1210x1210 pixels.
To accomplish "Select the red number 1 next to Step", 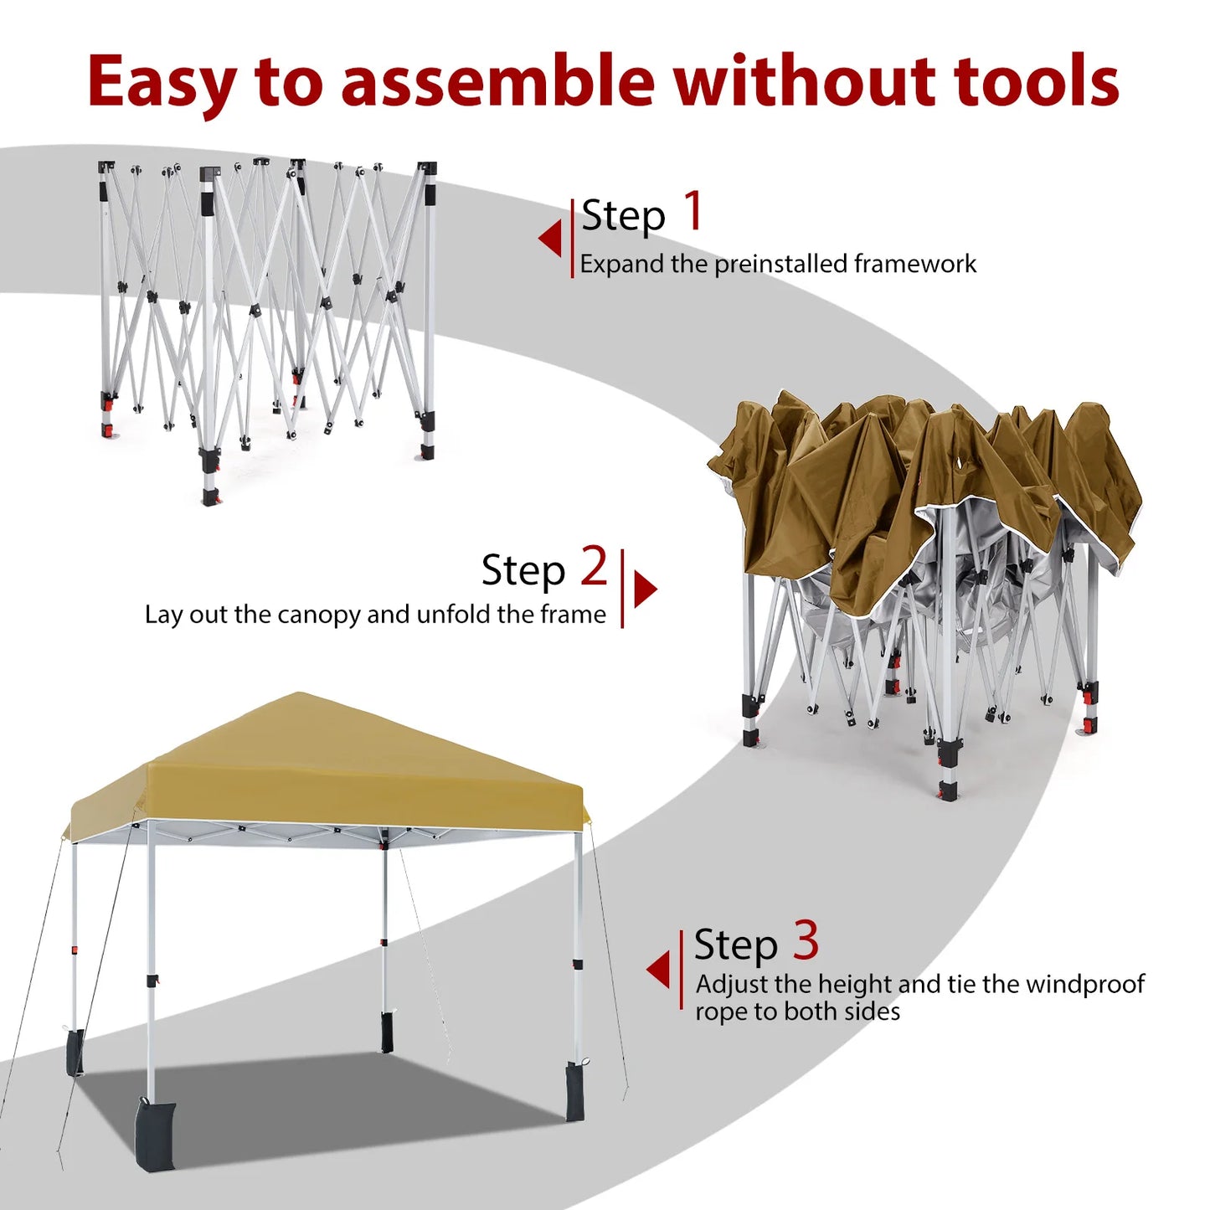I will pos(693,211).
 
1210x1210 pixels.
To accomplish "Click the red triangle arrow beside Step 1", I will pos(550,239).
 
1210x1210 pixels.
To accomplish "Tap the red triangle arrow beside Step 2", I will pos(645,589).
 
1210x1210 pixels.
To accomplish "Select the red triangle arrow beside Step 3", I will pos(659,969).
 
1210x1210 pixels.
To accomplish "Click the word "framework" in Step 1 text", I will pos(914,264).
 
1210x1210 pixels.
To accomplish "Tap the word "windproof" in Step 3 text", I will pos(1084,984).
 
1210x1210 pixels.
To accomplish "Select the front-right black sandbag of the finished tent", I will pos(575,1092).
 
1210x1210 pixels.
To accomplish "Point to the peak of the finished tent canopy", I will pos(300,695).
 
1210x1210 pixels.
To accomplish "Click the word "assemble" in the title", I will pos(497,81).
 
